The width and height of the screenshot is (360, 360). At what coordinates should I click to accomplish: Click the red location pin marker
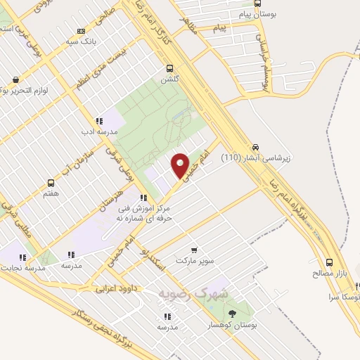click(180, 165)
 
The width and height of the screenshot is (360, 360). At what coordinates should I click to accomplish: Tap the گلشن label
click(169, 79)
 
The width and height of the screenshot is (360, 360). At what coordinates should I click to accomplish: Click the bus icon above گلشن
click(169, 69)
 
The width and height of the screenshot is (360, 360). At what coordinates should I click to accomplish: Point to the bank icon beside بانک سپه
click(81, 31)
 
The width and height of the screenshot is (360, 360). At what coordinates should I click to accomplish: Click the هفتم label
click(50, 193)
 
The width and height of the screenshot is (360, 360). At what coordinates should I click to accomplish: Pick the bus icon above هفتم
click(50, 182)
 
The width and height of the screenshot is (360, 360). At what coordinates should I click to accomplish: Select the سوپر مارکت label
click(194, 260)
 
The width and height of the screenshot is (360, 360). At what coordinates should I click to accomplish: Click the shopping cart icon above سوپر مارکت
click(195, 250)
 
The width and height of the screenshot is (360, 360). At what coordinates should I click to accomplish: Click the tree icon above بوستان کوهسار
click(233, 314)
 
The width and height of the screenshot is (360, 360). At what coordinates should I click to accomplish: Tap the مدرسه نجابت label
click(25, 268)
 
